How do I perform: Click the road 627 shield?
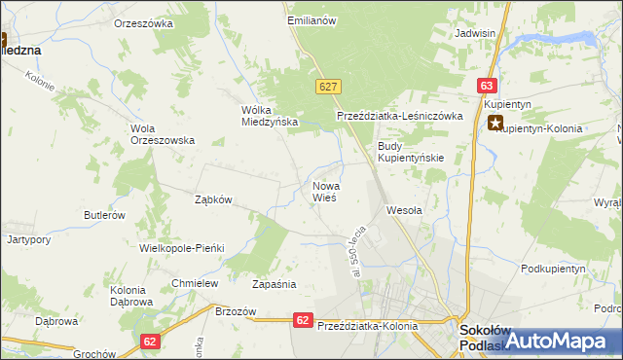(326, 88)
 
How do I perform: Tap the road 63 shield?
(488, 86)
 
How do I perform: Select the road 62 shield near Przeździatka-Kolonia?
(303, 319)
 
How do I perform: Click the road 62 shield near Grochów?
(149, 342)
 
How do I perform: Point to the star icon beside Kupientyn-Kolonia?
(495, 124)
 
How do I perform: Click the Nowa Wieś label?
(324, 191)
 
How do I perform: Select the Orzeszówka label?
(143, 22)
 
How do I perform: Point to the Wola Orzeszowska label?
(163, 133)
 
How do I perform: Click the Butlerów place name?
(104, 215)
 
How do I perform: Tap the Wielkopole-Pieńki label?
(182, 248)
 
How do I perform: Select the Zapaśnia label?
(274, 285)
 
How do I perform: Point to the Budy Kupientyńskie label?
(410, 152)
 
